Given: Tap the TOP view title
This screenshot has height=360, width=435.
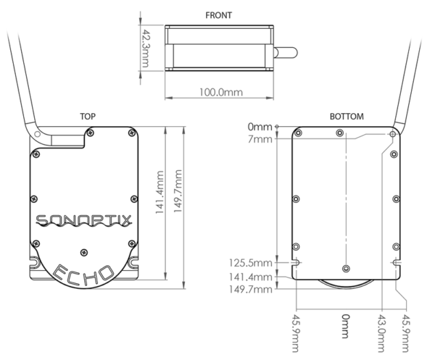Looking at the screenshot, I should [x=88, y=116].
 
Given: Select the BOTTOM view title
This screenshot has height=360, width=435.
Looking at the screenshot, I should [x=347, y=116].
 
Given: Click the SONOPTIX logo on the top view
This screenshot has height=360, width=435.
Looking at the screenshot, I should [x=82, y=220].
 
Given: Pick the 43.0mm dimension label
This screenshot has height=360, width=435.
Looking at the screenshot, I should [x=382, y=329].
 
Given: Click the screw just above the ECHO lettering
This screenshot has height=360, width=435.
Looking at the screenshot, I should [x=86, y=251].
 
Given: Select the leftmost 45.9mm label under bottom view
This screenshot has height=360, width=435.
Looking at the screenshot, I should [x=296, y=329].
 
